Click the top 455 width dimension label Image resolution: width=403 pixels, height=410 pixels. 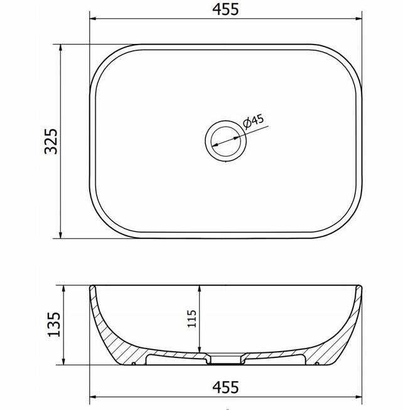(x=225, y=9)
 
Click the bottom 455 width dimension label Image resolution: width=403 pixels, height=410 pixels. (x=225, y=387)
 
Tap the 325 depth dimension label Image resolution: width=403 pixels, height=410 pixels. (x=51, y=141)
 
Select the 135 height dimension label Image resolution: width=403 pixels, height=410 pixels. (x=54, y=324)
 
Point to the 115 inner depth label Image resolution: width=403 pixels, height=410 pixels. (x=191, y=318)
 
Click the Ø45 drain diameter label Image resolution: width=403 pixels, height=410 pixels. (x=253, y=122)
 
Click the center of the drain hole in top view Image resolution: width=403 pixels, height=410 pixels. (x=225, y=141)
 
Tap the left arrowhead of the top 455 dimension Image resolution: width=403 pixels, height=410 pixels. (x=93, y=19)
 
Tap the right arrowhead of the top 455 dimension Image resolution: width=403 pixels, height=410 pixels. (x=358, y=19)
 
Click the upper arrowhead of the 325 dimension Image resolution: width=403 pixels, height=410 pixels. (x=61, y=48)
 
